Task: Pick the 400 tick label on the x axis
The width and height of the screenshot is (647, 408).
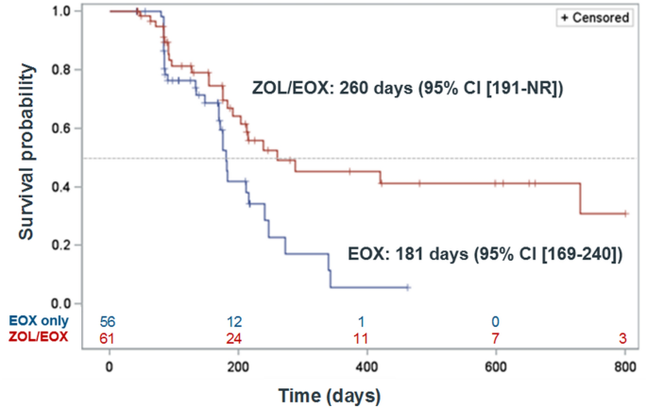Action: coord(367,365)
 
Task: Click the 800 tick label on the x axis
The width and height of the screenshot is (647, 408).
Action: coord(625,365)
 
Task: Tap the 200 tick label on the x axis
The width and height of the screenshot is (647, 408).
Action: coord(238,365)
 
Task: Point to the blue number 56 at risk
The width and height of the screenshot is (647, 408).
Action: coord(110,321)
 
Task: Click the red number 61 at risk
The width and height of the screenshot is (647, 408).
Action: coord(110,337)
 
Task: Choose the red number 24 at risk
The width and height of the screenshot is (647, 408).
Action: coord(238,337)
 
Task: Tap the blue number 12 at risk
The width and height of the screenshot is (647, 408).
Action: coord(238,321)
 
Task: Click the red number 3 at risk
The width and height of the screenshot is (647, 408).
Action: coord(625,337)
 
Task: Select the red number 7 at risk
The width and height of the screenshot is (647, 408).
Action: coord(496,337)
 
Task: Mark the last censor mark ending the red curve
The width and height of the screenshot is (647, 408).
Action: coord(625,213)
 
